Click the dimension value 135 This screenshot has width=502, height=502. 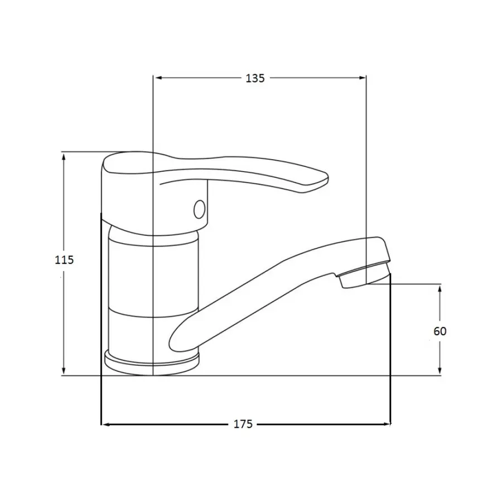click(255, 78)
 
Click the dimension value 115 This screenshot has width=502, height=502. click(64, 259)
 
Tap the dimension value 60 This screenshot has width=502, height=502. click(440, 331)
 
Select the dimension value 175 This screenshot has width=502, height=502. click(243, 424)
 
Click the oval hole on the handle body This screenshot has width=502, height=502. click(200, 209)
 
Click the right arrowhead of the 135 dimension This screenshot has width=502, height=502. click(362, 78)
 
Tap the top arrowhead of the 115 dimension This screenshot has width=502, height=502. click(64, 157)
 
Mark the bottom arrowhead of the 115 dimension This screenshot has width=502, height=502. click(64, 370)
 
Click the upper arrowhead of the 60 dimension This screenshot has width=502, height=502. click(440, 288)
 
